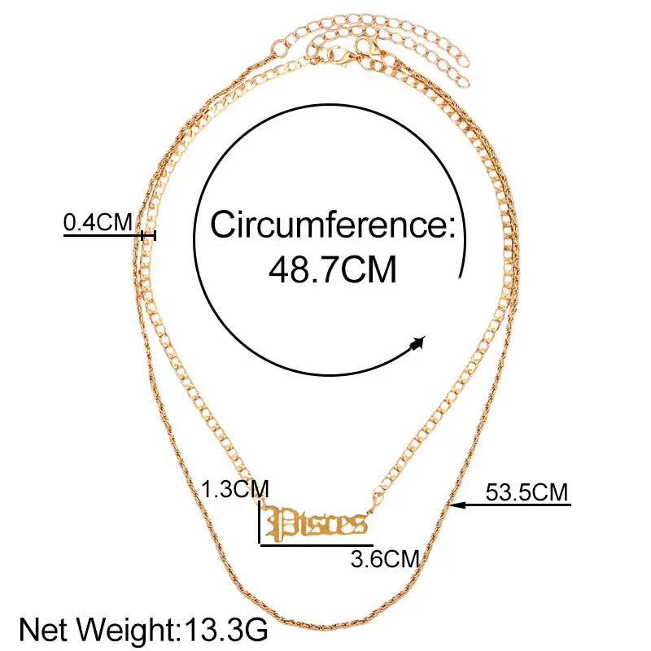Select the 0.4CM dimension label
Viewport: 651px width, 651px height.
coord(98,221)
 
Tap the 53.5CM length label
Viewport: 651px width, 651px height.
coord(526,492)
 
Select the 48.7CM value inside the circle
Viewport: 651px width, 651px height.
coord(332,269)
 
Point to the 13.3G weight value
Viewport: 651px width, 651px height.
coord(221,629)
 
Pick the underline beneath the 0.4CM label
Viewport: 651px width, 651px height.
coord(102,235)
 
